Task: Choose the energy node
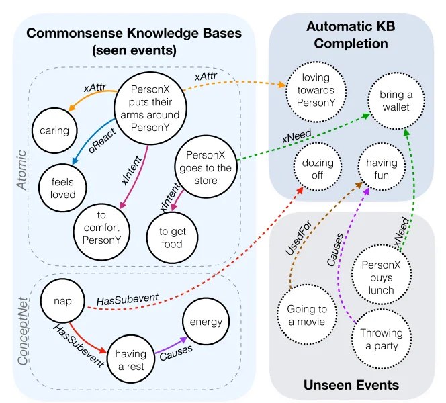pos(205,322)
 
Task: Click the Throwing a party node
pos(382,339)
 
